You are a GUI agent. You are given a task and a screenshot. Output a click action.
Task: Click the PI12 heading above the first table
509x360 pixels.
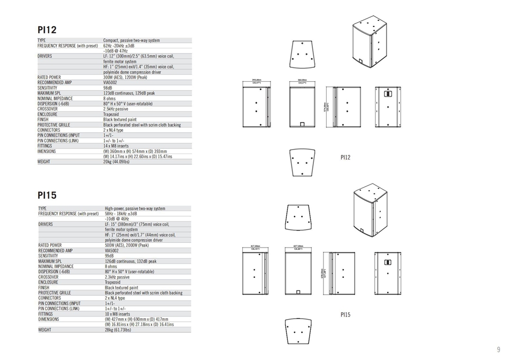point(47,30)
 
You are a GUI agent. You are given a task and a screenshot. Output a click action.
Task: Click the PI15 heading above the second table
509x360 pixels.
point(47,195)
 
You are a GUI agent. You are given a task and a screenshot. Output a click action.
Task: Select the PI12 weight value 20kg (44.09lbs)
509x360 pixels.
point(116,162)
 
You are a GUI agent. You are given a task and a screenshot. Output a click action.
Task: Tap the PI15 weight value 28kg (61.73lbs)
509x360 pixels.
point(118,330)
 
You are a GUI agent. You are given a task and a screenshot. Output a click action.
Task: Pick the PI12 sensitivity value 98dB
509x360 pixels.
point(108,88)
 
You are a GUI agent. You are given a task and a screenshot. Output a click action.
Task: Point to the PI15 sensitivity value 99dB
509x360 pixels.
point(110,256)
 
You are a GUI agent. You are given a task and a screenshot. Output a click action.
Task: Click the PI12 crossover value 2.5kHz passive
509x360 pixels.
point(116,109)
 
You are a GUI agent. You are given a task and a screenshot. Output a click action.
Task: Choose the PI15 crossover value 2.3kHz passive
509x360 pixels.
point(117,277)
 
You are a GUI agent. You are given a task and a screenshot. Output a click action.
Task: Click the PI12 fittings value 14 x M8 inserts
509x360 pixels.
point(117,146)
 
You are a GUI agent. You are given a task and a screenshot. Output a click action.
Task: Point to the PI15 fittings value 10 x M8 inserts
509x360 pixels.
point(118,314)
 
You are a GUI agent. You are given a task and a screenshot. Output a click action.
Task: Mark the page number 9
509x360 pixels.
point(498,349)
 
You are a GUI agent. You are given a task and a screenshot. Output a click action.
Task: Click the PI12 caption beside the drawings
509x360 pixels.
point(345,157)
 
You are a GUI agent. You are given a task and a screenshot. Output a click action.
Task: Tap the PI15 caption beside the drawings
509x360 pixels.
point(345,315)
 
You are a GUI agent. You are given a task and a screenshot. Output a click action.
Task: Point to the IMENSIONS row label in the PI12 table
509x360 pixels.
point(47,151)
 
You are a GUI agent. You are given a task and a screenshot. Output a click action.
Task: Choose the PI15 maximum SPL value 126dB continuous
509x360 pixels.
point(131,261)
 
